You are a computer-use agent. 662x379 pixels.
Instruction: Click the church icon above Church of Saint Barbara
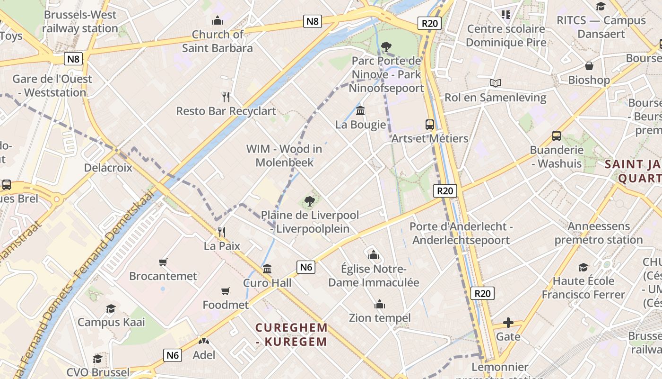(x=218, y=20)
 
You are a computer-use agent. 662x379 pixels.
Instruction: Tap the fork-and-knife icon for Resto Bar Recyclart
(x=226, y=97)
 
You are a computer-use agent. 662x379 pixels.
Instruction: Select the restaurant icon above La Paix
(x=221, y=232)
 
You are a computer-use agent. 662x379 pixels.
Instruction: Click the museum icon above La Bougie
(x=360, y=111)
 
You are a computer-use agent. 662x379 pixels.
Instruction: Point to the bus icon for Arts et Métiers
(x=430, y=125)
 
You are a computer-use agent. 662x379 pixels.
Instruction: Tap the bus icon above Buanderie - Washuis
(x=557, y=136)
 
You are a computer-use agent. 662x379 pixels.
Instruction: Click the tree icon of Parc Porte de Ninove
(x=386, y=46)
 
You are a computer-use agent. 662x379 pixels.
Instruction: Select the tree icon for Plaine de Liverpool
(x=310, y=201)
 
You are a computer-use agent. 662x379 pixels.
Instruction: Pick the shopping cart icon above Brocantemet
(x=163, y=262)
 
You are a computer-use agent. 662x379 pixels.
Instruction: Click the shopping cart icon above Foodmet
(x=226, y=291)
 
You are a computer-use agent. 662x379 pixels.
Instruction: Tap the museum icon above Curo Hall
(x=267, y=269)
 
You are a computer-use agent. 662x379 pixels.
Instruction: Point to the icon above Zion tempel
(x=379, y=304)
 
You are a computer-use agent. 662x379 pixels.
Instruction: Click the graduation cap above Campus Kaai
(x=111, y=308)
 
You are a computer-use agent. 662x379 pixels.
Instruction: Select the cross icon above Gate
(x=508, y=323)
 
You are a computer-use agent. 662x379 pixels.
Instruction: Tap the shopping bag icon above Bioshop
(x=589, y=66)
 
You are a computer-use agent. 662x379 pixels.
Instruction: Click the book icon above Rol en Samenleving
(x=495, y=83)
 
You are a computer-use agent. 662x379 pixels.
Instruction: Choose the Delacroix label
(x=108, y=168)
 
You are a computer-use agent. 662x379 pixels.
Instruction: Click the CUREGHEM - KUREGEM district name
(x=291, y=334)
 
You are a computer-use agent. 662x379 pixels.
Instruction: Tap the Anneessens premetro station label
(x=599, y=233)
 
